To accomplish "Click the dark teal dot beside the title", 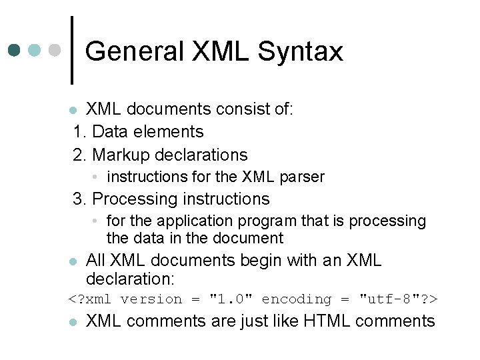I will click(15, 50).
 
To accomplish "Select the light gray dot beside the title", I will click(55, 50).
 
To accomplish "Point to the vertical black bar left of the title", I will click(72, 50).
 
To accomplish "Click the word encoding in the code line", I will click(296, 299).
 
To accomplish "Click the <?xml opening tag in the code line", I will click(90, 299).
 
